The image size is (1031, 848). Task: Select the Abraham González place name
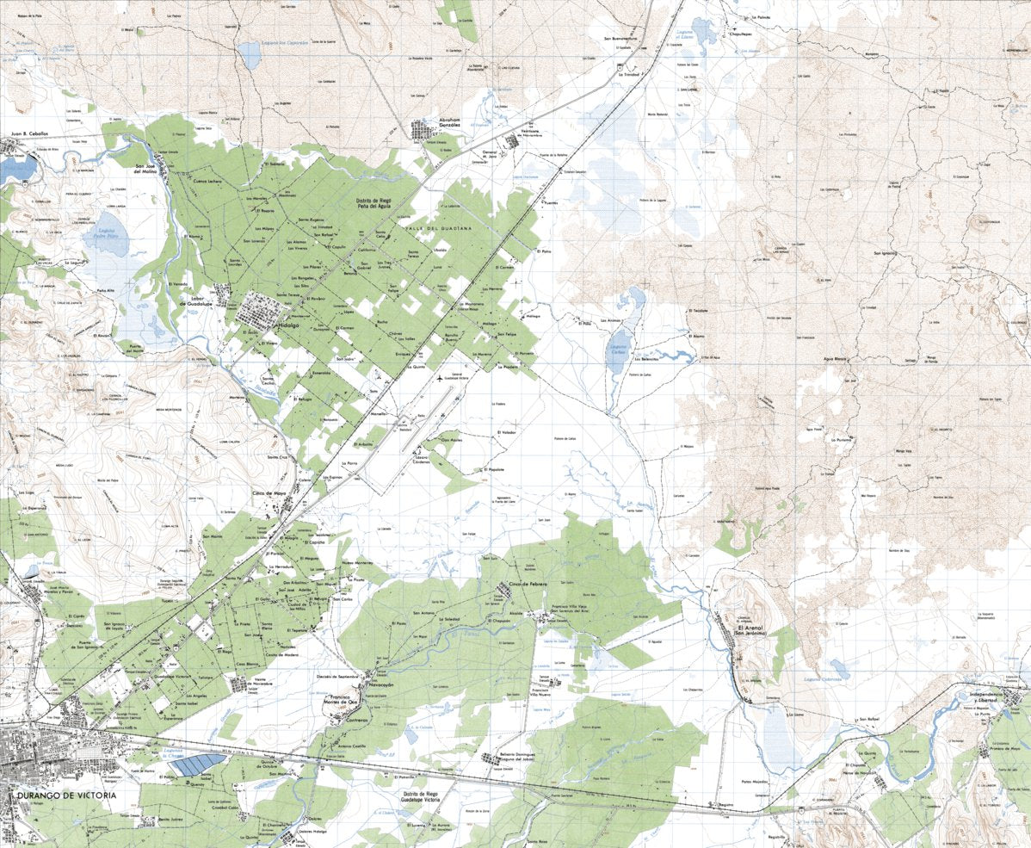[x=439, y=122]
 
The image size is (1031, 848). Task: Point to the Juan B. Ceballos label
[x=31, y=134]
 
